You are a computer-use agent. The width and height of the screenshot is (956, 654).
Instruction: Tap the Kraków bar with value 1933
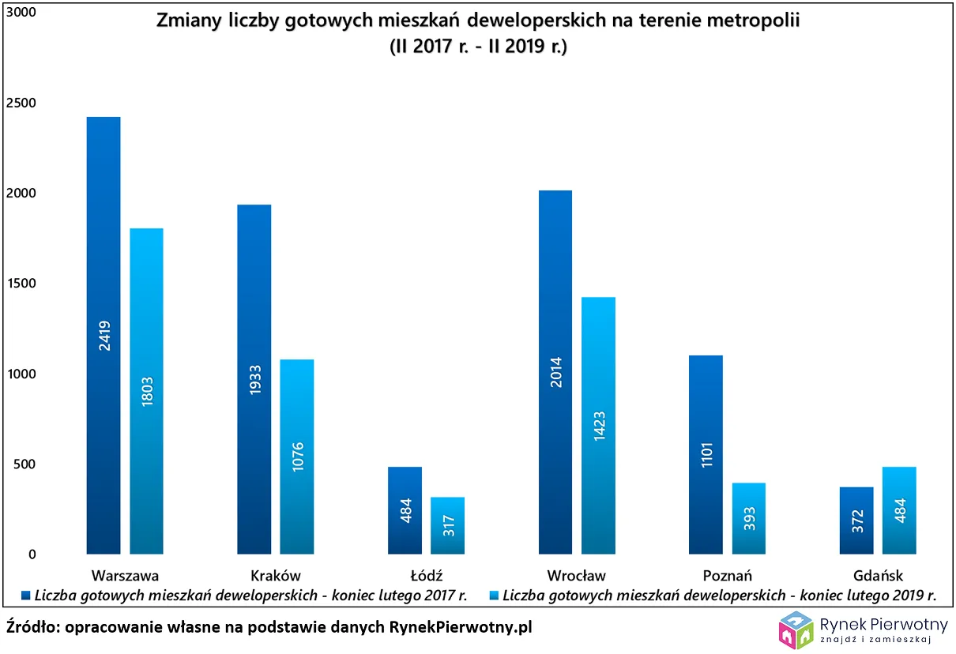[254, 379]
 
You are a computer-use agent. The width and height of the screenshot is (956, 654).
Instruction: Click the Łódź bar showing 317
[447, 525]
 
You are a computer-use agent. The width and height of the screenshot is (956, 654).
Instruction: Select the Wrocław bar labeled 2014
[555, 372]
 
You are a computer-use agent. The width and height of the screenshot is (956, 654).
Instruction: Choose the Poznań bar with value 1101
[706, 454]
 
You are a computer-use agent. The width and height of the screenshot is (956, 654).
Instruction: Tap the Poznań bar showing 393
[748, 518]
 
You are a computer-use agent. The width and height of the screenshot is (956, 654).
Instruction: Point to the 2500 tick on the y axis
[21, 103]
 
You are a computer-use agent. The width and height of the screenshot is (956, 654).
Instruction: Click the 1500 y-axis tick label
[21, 284]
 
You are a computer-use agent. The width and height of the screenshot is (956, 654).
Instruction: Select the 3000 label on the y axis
[21, 13]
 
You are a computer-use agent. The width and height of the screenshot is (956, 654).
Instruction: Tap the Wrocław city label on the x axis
[576, 575]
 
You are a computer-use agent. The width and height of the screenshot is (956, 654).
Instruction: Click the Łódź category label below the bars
[426, 575]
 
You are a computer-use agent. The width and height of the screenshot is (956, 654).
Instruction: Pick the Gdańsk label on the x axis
[877, 575]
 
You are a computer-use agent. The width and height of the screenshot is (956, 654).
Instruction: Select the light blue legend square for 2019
[494, 596]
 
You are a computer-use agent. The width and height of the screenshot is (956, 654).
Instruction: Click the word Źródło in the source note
[32, 627]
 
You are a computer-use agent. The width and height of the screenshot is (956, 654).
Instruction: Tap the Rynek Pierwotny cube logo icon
[796, 630]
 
